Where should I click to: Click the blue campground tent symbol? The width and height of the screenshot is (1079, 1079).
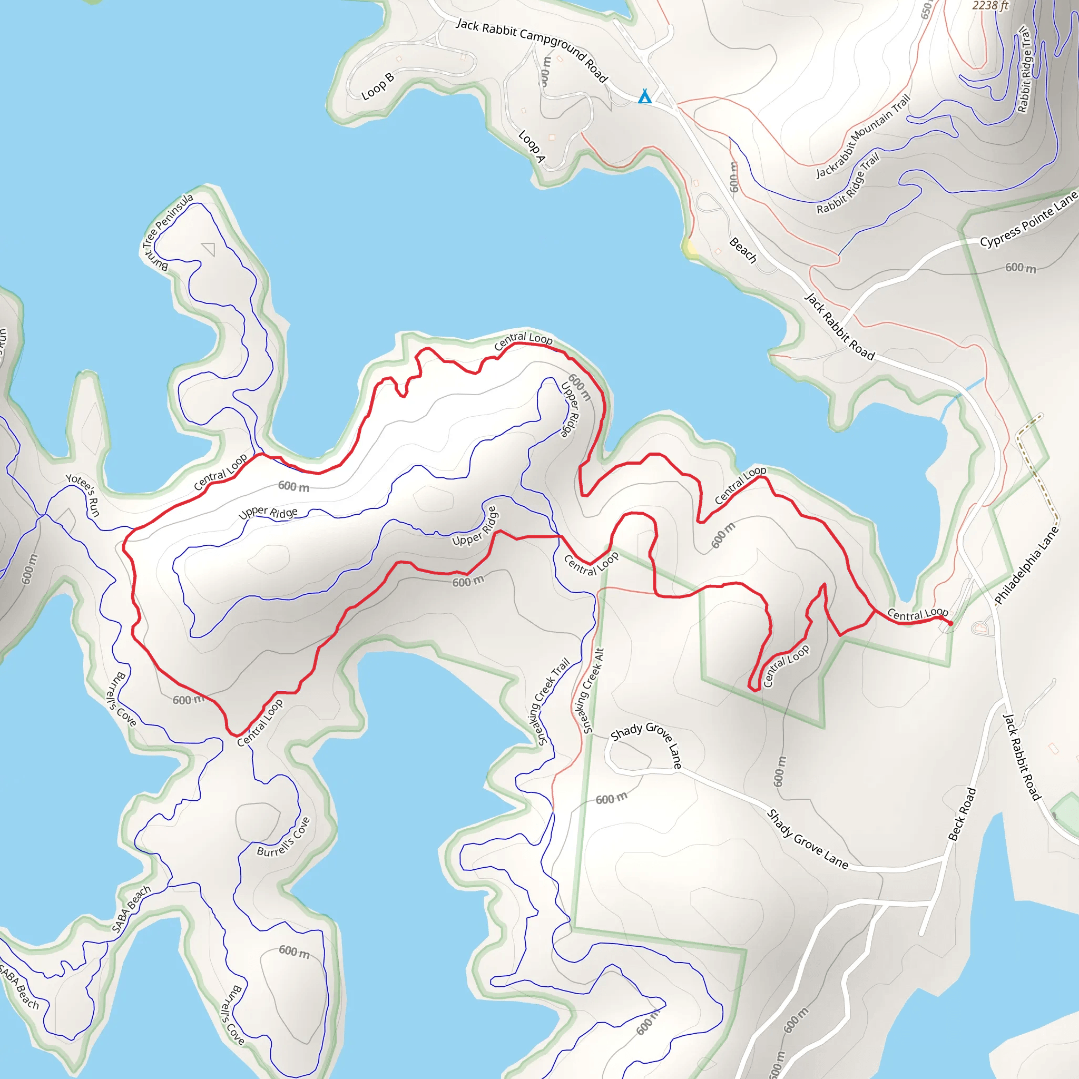coord(644,96)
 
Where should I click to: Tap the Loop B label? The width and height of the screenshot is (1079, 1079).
coord(378,86)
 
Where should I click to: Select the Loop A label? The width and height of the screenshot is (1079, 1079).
coord(531,147)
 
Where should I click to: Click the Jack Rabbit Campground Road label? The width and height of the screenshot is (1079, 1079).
coord(531,49)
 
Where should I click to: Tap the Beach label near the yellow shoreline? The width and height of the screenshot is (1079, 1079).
coord(743,250)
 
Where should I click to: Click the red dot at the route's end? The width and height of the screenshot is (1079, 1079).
coord(950,623)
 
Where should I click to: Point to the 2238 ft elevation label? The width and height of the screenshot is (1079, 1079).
coord(990,6)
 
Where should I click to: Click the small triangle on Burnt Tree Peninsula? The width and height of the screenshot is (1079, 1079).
coord(209,249)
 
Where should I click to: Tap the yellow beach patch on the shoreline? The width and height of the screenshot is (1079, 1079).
coord(690,247)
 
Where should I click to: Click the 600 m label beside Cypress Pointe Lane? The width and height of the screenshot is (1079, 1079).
coord(1021,268)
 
